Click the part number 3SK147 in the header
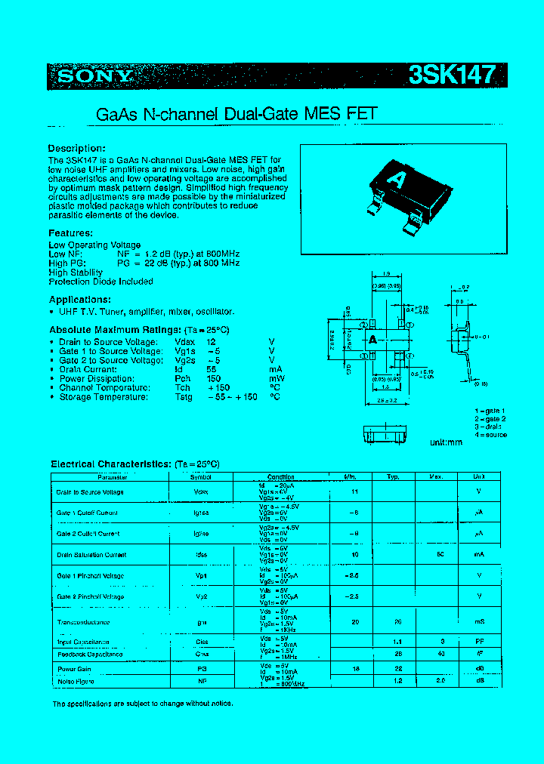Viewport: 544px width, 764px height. (452, 75)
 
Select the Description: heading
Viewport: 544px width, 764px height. (76, 148)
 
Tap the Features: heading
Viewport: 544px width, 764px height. (70, 233)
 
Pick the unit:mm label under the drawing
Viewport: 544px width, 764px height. (446, 442)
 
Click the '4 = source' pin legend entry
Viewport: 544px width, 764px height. (490, 435)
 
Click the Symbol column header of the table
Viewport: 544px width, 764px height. (201, 477)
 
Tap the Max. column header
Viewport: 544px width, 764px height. (436, 477)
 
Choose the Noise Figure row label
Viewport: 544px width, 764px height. (75, 680)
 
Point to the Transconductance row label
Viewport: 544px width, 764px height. (83, 622)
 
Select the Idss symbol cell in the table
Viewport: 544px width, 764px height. (202, 555)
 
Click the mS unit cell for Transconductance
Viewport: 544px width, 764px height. (478, 622)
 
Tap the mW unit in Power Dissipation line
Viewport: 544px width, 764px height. (276, 378)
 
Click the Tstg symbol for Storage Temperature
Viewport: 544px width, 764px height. (184, 396)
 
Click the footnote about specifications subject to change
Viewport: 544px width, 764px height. (142, 704)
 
